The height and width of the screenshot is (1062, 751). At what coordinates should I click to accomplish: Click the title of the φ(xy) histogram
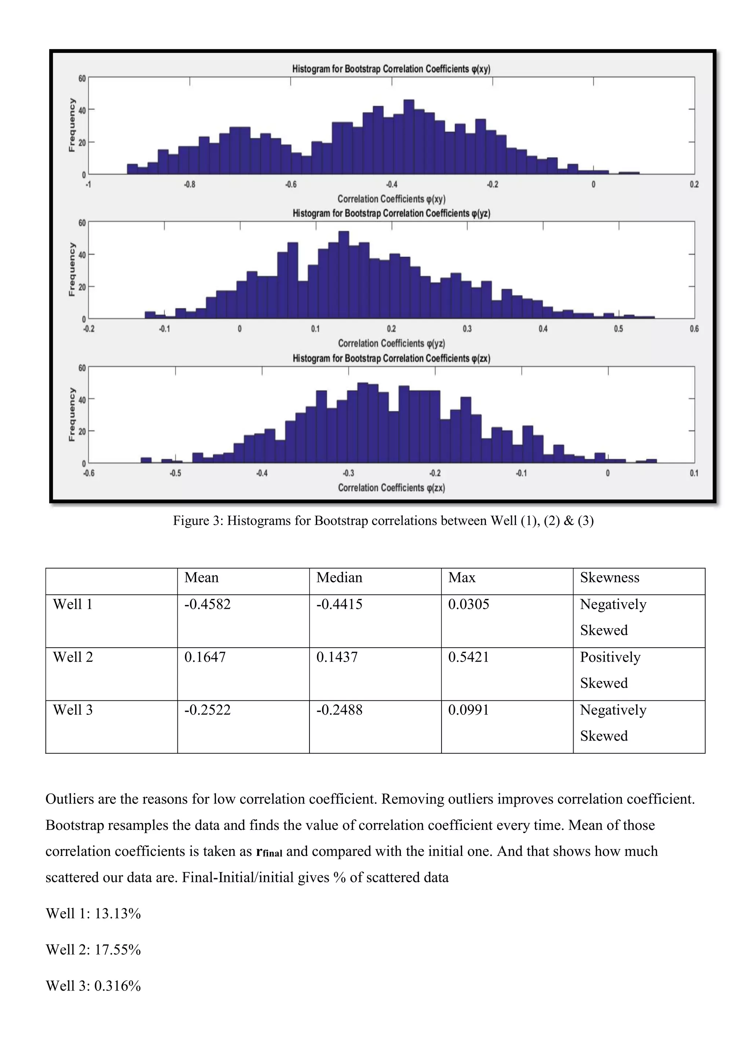pos(391,69)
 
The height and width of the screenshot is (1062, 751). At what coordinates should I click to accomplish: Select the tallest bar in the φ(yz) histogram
pos(344,275)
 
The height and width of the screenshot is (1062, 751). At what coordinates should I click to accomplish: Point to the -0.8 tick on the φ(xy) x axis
pos(189,184)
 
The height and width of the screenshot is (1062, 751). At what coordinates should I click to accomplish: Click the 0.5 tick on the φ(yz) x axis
pos(618,329)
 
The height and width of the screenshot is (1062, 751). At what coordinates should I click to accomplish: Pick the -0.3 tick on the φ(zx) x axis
pos(348,473)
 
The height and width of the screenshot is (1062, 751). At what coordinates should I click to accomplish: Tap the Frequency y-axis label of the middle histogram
pos(72,269)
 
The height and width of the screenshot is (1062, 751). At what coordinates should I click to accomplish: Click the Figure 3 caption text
pos(383,521)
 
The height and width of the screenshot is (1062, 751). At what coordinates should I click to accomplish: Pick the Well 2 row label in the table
pos(73,657)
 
